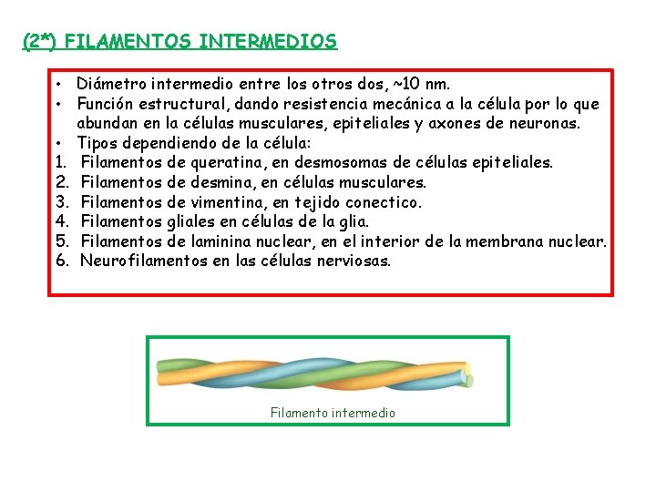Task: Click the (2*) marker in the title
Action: [41, 42]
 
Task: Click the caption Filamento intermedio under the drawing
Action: [333, 413]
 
